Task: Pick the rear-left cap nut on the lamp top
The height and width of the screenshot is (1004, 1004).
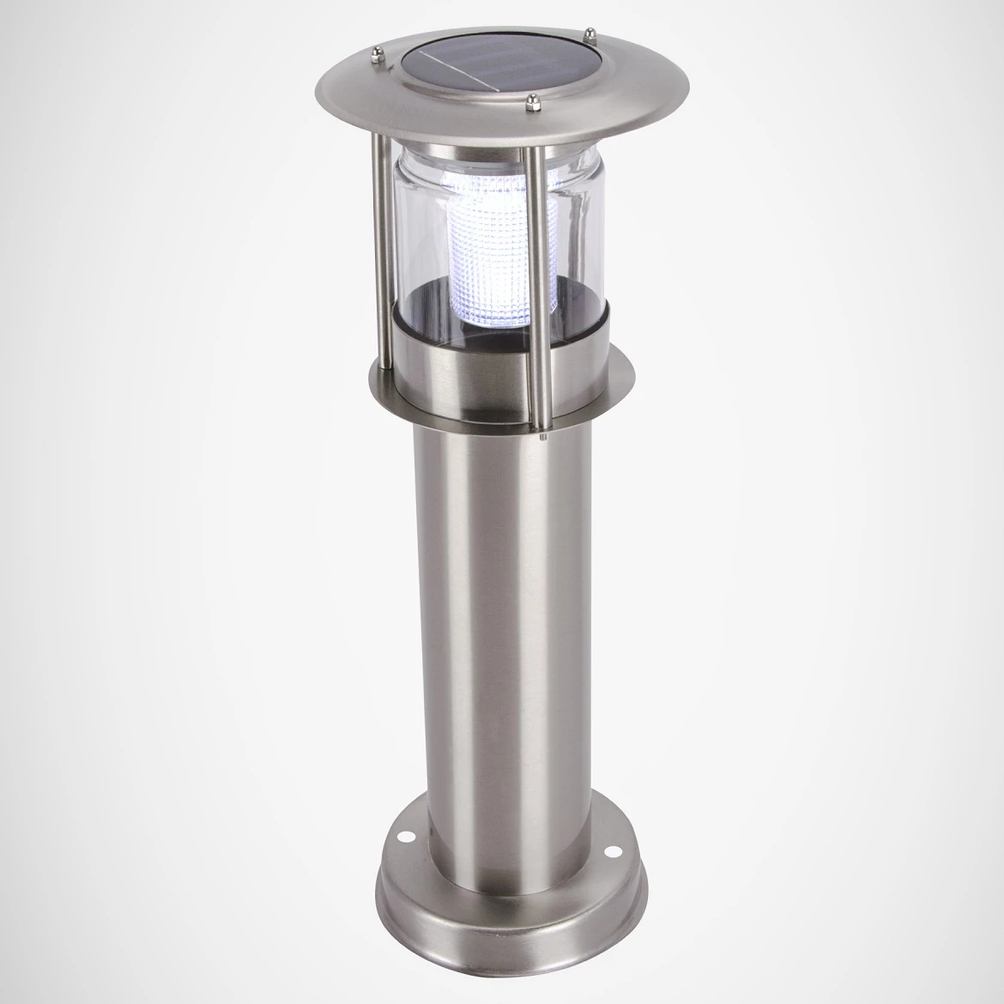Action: point(378,61)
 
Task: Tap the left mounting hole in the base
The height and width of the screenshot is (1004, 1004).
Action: point(404,833)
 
